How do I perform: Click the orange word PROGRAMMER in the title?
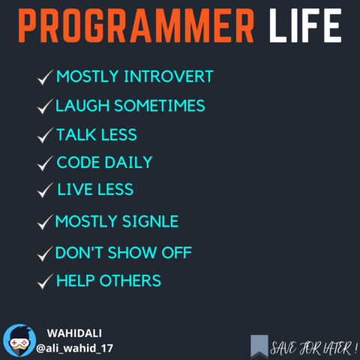coord(136,25)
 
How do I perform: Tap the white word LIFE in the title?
coord(305,25)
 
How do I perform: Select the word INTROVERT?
coord(169,76)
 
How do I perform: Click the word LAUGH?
coord(82,106)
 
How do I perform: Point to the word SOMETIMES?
coord(160,106)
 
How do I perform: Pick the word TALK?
coord(76,135)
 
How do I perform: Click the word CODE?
coord(78,163)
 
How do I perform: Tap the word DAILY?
coord(128,163)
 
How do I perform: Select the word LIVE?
coord(75,189)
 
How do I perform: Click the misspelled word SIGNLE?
coord(151,221)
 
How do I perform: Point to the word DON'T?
coord(79,253)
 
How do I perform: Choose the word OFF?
coord(177,253)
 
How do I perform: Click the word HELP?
coord(76,280)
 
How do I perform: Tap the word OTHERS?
coord(130,280)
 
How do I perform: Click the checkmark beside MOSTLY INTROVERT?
coord(45,77)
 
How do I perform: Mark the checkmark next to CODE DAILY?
coord(45,163)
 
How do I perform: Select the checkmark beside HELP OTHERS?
coord(45,282)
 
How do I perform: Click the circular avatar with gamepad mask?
coord(19,340)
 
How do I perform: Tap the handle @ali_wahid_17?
coord(74,348)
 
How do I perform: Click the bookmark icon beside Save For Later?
coord(259,346)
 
